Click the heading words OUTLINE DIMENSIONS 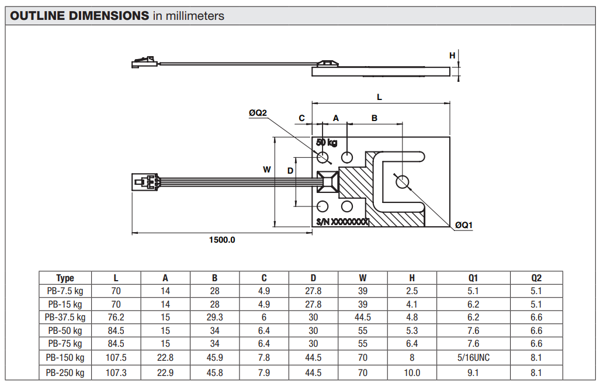79,16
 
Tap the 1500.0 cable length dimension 222,240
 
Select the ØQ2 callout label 257,113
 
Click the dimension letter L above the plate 379,96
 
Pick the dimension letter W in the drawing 266,170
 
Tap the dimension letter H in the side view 452,56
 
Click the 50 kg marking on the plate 327,143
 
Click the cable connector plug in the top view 145,181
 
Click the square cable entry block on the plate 327,181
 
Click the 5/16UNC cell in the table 473,357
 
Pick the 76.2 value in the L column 116,317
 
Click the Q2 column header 536,278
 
